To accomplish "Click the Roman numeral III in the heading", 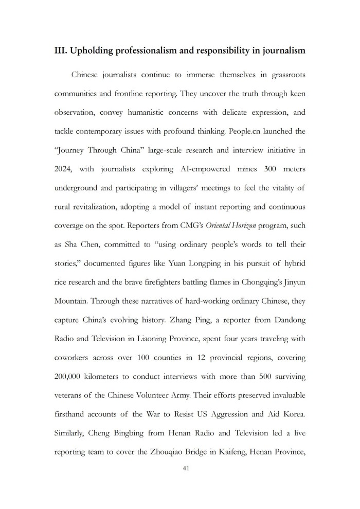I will click(x=60, y=51).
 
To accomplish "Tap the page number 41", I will click(x=179, y=469).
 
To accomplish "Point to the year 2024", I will click(x=65, y=169).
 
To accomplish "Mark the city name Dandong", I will click(x=289, y=320).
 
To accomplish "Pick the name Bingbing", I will click(x=127, y=433).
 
